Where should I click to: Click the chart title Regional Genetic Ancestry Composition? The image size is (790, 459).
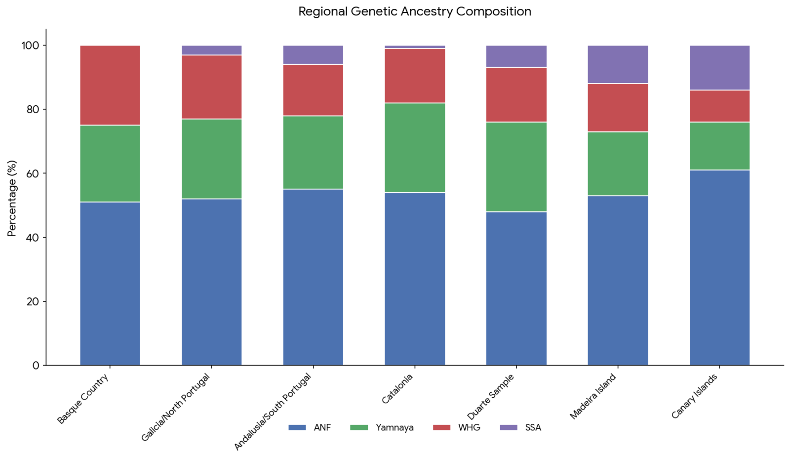(x=415, y=11)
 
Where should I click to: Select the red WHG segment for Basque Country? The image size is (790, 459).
(x=110, y=85)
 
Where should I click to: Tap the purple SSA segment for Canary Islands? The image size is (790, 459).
(x=719, y=68)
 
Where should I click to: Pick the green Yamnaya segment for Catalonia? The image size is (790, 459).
(x=415, y=148)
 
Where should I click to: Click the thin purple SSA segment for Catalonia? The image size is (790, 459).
(x=415, y=47)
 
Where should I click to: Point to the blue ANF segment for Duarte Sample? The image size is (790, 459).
(x=516, y=289)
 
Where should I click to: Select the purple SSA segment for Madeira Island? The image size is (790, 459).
(x=618, y=65)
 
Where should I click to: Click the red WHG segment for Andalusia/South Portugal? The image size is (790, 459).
(x=313, y=90)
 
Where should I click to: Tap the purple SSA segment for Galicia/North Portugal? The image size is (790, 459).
(x=212, y=50)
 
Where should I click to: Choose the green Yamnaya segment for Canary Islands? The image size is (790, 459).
(x=719, y=146)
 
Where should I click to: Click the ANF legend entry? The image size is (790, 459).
(x=310, y=427)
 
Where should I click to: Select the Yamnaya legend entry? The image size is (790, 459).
(x=382, y=427)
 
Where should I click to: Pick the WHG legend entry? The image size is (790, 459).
(x=457, y=427)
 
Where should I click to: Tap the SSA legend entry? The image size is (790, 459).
(x=520, y=427)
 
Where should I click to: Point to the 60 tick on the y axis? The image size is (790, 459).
(x=44, y=173)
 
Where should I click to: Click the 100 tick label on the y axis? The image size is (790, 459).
(x=31, y=45)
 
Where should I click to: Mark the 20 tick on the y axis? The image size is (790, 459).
(x=44, y=301)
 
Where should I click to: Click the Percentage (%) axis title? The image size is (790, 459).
(x=12, y=198)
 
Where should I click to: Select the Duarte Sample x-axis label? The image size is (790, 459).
(x=491, y=396)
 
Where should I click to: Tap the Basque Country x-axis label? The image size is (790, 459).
(x=83, y=399)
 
